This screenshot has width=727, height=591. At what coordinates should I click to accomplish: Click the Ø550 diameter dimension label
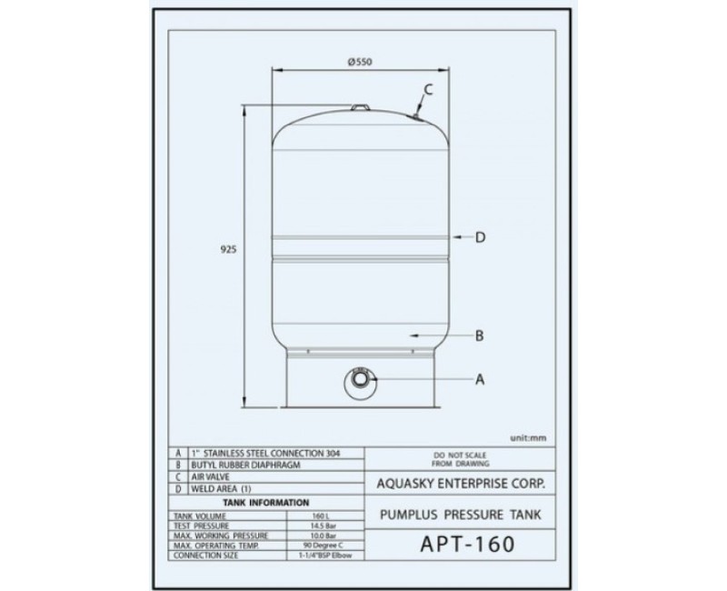(x=361, y=61)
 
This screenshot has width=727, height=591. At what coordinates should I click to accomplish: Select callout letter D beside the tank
(x=481, y=237)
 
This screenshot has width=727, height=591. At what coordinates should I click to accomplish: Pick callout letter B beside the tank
(x=479, y=336)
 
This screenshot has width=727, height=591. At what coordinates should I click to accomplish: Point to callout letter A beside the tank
(x=479, y=381)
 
